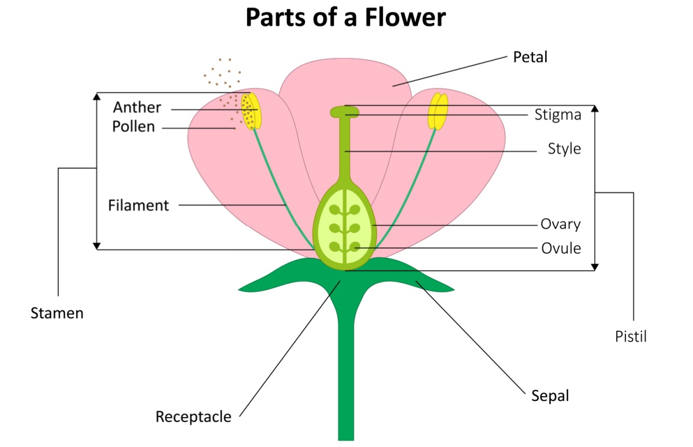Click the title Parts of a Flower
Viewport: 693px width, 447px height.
point(345,17)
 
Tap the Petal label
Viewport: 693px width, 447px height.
point(530,57)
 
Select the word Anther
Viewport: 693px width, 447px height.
point(137,107)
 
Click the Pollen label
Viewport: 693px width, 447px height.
point(133,126)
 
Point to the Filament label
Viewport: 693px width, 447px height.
point(139,205)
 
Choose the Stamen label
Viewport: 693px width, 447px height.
point(57,313)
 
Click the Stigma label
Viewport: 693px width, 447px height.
point(557,115)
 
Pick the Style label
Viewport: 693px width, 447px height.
point(564,149)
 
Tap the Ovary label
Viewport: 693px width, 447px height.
point(560,224)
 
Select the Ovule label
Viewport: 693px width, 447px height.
point(560,248)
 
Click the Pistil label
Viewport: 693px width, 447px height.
point(631,336)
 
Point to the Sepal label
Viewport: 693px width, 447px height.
point(550,396)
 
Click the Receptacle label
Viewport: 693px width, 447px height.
point(193,416)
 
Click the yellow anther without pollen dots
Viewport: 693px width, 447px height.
point(438,111)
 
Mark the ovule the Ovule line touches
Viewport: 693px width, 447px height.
point(354,247)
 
